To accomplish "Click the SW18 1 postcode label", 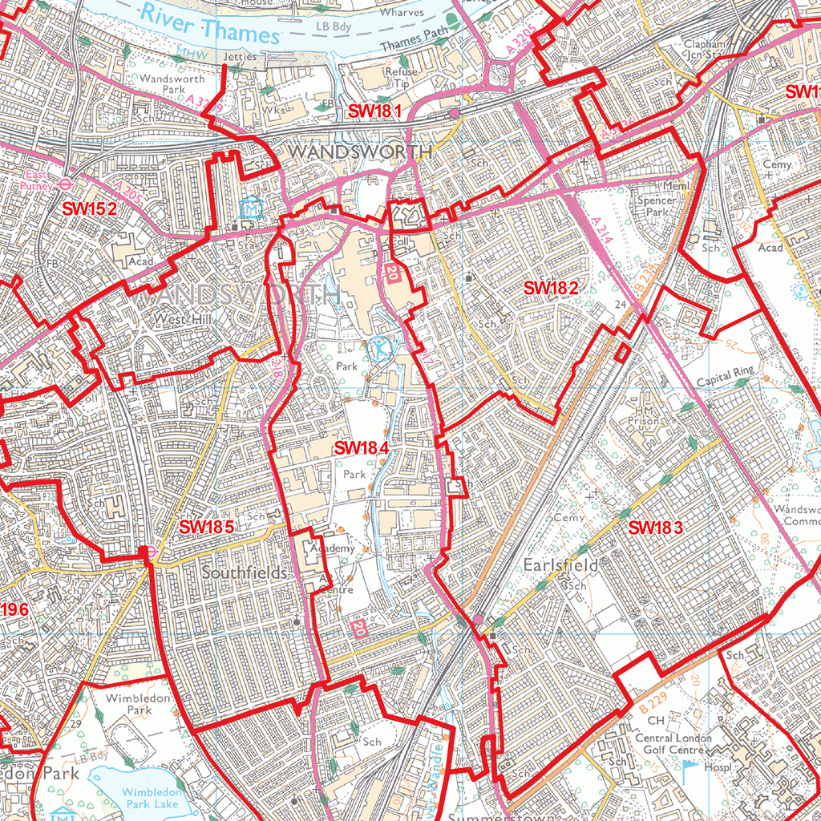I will [x=374, y=111].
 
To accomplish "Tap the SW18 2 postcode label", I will [x=551, y=288].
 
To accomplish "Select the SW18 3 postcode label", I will [x=656, y=528].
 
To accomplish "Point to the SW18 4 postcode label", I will [x=362, y=447].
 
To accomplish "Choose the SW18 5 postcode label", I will [x=206, y=527].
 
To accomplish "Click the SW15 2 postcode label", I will [x=90, y=208].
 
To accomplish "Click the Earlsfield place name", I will [x=560, y=565].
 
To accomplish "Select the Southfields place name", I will [x=245, y=573].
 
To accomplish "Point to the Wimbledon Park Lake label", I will [x=138, y=798].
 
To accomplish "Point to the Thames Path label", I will [x=415, y=46].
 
